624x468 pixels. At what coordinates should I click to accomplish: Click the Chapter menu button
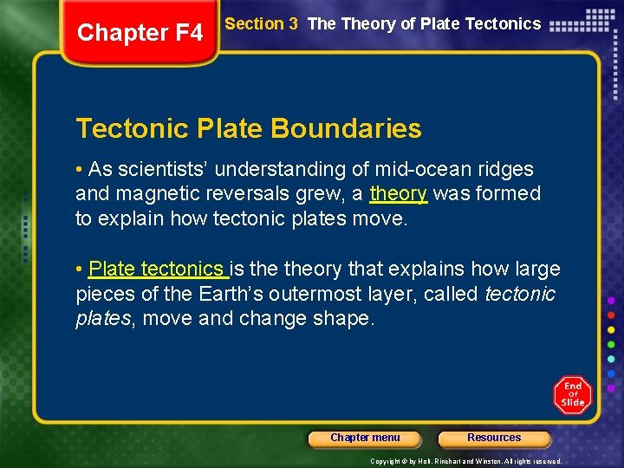click(x=365, y=438)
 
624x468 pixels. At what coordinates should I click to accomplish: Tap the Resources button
click(x=494, y=438)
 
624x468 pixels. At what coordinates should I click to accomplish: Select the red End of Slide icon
click(x=572, y=394)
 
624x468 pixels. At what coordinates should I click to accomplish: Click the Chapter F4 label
click(x=140, y=33)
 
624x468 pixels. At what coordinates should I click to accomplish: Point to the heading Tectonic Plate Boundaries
click(x=249, y=129)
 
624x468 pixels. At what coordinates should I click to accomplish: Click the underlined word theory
click(x=399, y=193)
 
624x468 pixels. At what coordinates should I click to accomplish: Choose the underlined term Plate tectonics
click(x=156, y=269)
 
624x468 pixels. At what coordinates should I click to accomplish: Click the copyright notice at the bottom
click(x=465, y=461)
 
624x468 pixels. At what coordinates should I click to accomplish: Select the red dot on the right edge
click(x=611, y=315)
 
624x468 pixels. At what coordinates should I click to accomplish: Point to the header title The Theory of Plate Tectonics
click(x=424, y=24)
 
